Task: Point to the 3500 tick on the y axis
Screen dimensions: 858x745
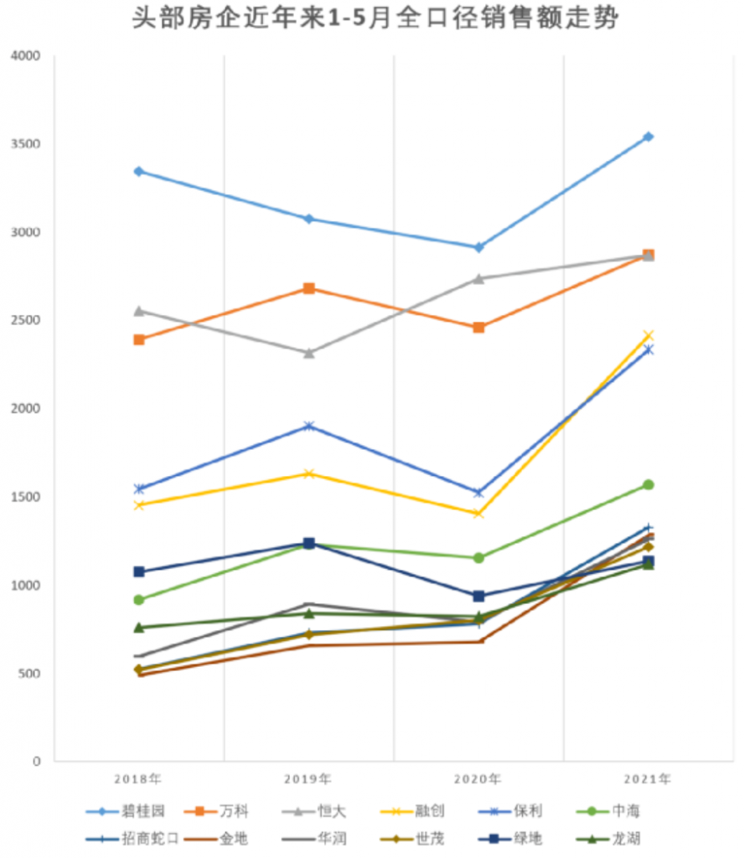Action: click(x=25, y=144)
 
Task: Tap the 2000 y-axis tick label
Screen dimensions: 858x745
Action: click(x=25, y=409)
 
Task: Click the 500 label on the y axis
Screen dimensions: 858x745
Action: click(x=29, y=674)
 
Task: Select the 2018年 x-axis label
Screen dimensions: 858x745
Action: click(x=139, y=779)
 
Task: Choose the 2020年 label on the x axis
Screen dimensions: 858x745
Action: click(x=479, y=779)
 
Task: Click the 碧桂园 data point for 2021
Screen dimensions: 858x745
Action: click(x=649, y=137)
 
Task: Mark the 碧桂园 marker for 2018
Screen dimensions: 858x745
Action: click(x=139, y=171)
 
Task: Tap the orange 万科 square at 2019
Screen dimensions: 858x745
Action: click(x=308, y=289)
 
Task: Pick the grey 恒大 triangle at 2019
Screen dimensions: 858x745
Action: click(x=308, y=353)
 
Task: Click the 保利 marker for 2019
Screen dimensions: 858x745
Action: click(x=308, y=426)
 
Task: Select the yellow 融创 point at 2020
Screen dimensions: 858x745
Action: click(x=479, y=514)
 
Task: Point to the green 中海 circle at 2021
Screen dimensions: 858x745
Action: click(x=649, y=484)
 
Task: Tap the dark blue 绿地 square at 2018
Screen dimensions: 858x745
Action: click(x=139, y=571)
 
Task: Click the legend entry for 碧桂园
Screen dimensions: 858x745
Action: click(x=126, y=812)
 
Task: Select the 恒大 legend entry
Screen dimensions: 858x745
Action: click(x=318, y=812)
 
